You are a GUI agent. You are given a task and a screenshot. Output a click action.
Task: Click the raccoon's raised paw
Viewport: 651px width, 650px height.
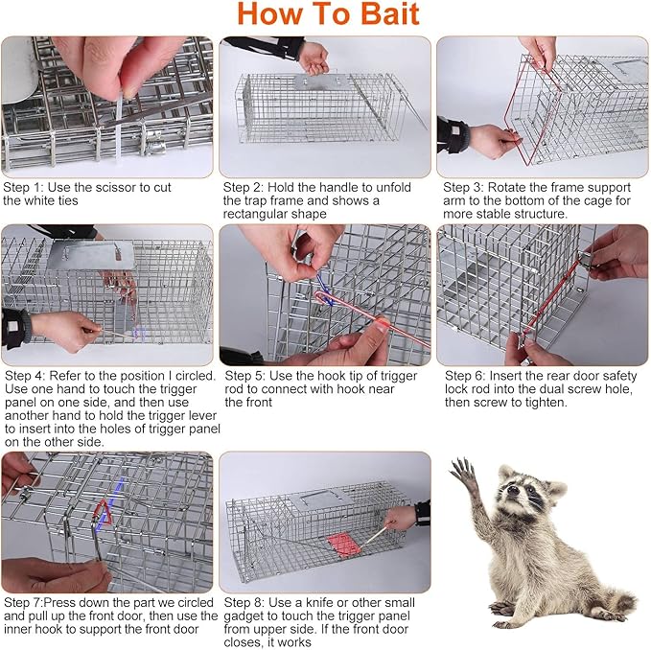tap(466, 475)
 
